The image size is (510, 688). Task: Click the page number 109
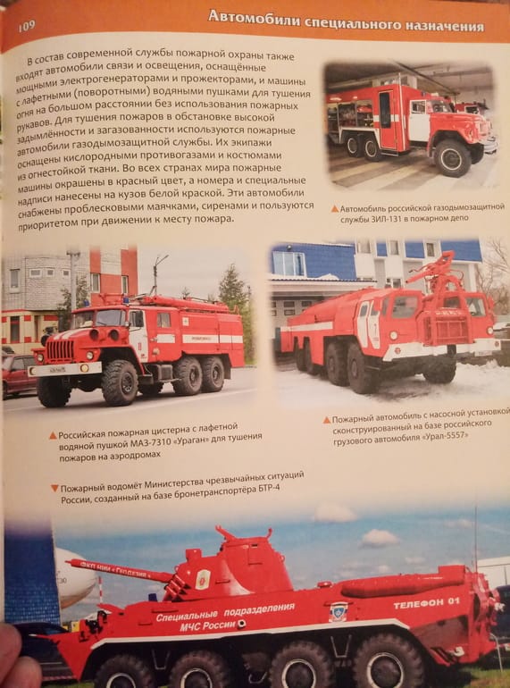point(27,26)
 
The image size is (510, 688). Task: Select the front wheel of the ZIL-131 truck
point(451,158)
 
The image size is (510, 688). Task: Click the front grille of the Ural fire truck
point(60,350)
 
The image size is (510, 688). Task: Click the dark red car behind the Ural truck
point(19,374)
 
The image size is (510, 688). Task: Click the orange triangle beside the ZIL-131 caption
point(335,209)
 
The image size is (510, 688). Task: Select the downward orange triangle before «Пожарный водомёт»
point(54,488)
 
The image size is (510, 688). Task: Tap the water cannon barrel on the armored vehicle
point(119,570)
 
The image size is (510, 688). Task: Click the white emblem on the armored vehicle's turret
point(203,579)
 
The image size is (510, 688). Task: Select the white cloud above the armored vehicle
point(380,538)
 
